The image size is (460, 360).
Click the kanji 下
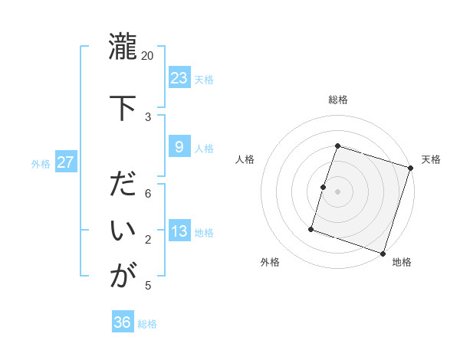pyautogui.click(x=123, y=106)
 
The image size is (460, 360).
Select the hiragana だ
pyautogui.click(x=123, y=185)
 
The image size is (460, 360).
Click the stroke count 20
pyautogui.click(x=148, y=56)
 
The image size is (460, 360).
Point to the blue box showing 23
pyautogui.click(x=179, y=78)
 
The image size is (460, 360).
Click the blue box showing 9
pyautogui.click(x=179, y=147)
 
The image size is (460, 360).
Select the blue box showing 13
pyautogui.click(x=179, y=231)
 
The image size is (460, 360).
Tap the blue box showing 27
pyautogui.click(x=66, y=162)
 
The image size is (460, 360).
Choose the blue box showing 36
pyautogui.click(x=123, y=322)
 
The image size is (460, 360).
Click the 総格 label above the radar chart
pyautogui.click(x=337, y=100)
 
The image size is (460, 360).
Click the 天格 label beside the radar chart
pyautogui.click(x=431, y=159)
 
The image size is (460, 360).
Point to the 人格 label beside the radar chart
pyautogui.click(x=245, y=159)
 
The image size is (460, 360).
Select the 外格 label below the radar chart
pyautogui.click(x=270, y=262)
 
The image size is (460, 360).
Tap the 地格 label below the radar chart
pyautogui.click(x=402, y=262)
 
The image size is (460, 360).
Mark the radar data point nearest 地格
pyautogui.click(x=383, y=254)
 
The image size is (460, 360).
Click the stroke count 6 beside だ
pyautogui.click(x=148, y=194)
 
